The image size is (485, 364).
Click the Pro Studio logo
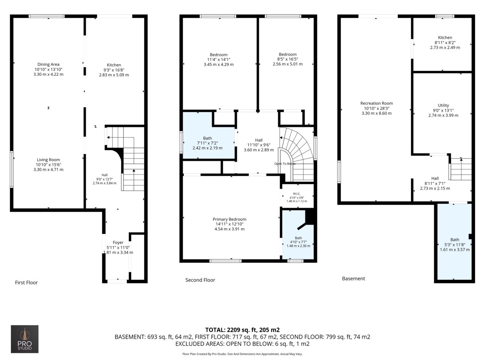tap(25, 339)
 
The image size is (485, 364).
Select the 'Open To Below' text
tap(285, 164)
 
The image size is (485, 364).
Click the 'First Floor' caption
tap(26, 282)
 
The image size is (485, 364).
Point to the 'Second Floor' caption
tap(200, 280)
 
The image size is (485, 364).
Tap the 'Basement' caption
tap(353, 278)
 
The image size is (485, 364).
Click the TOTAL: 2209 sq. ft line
tap(242, 330)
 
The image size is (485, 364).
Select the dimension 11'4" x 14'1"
tap(219, 60)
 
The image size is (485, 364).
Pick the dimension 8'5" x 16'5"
tap(288, 59)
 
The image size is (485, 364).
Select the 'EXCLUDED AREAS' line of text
tap(242, 344)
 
